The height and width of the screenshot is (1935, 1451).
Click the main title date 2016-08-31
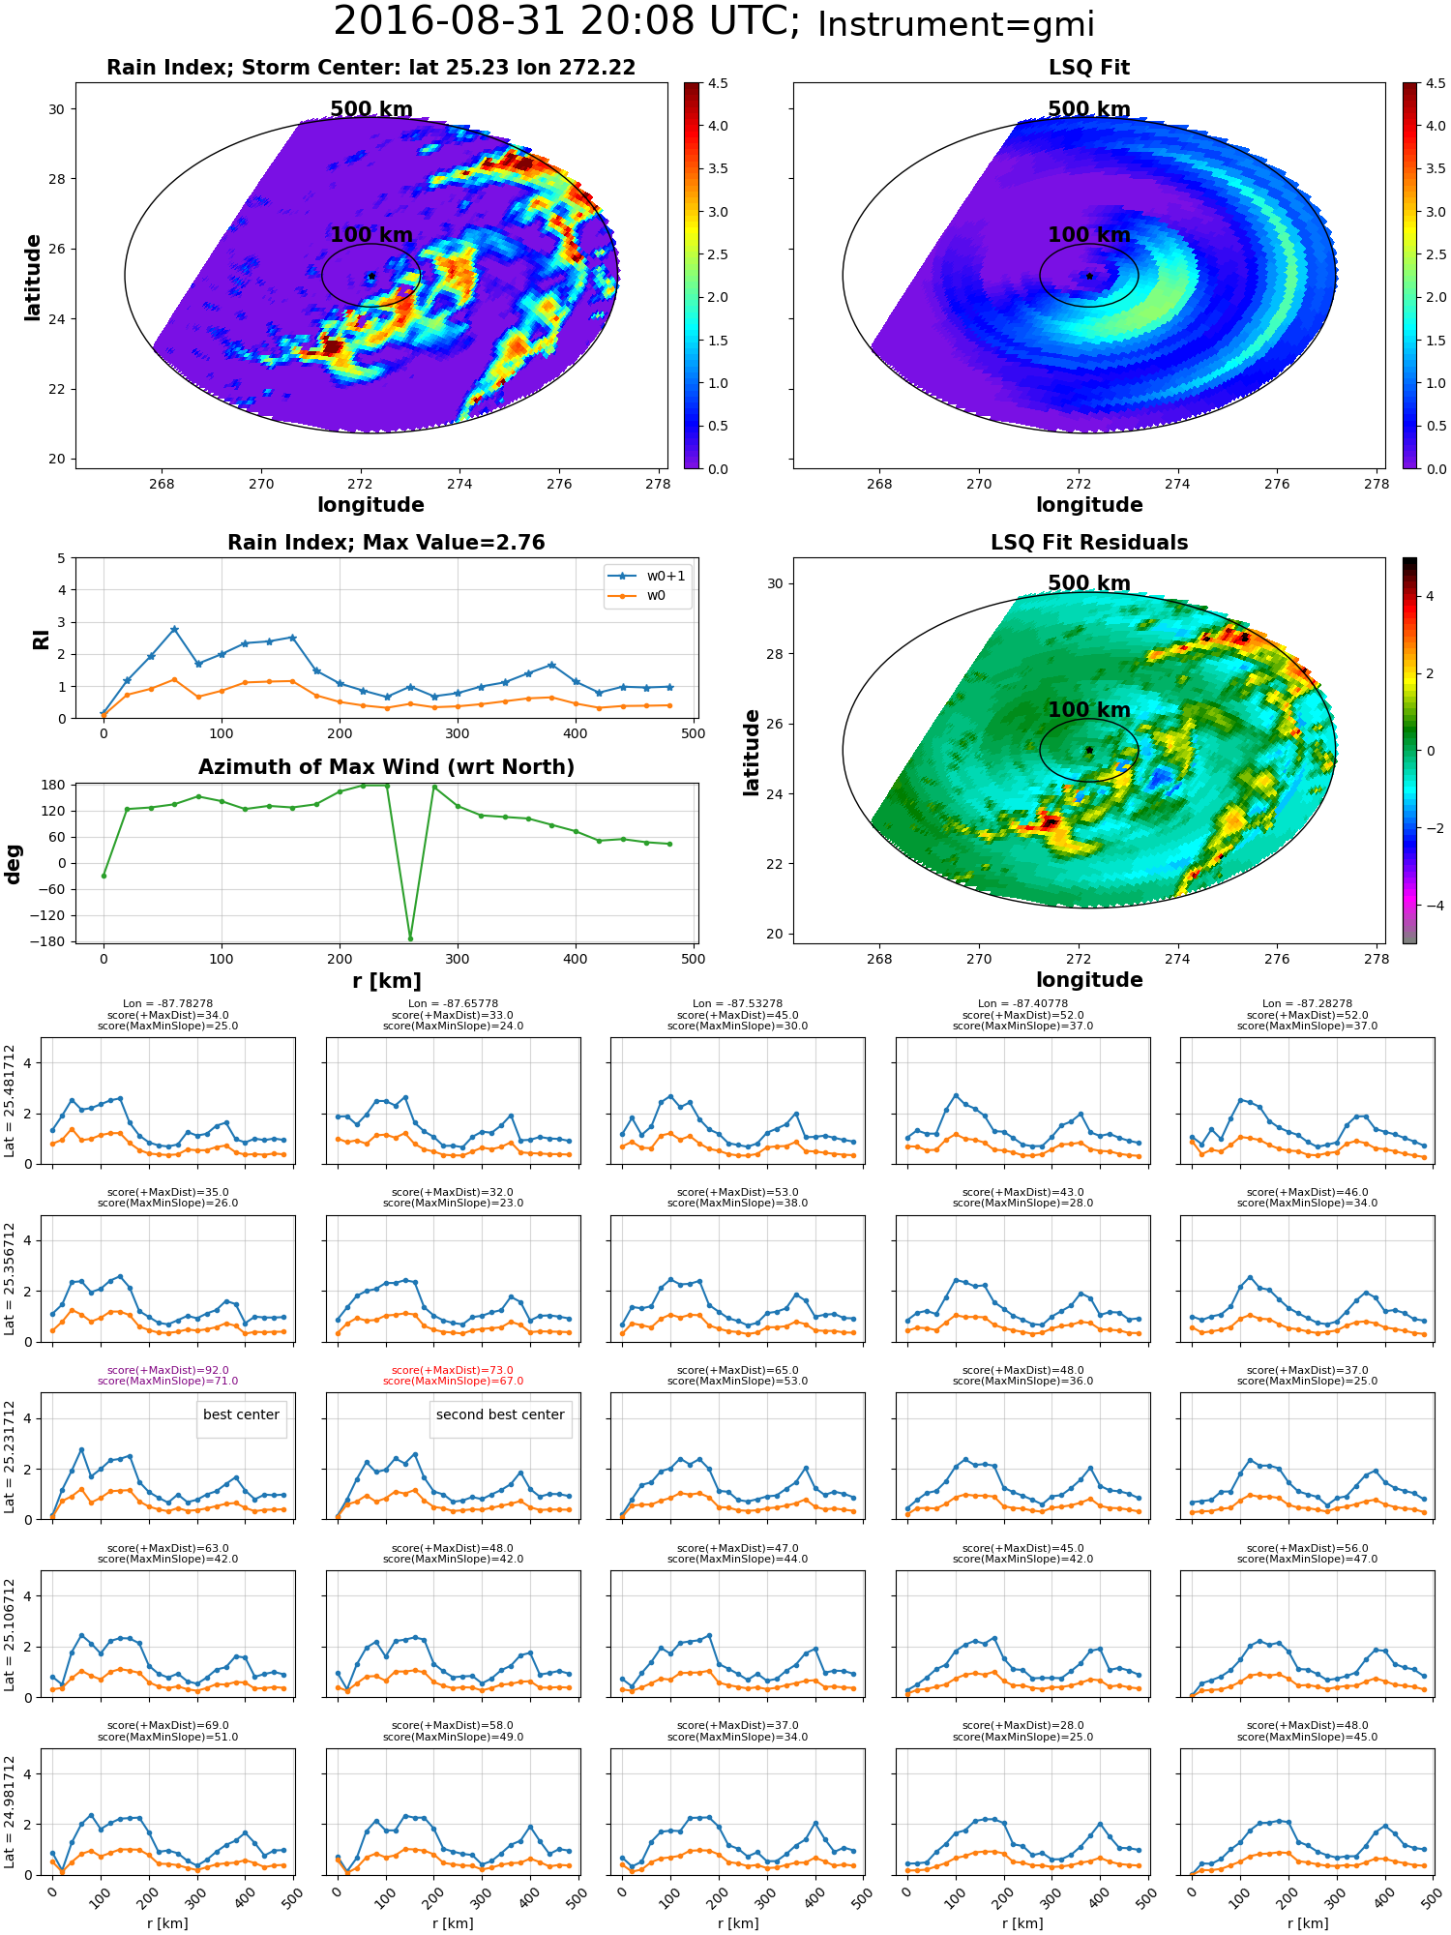click(466, 21)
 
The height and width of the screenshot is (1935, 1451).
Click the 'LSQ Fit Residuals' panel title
click(1089, 543)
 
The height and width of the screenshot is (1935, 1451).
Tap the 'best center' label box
click(241, 1414)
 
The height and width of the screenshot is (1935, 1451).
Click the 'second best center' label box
click(500, 1414)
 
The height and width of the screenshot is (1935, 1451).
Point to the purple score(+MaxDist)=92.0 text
click(168, 1370)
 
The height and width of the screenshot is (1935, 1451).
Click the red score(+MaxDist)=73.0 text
click(453, 1370)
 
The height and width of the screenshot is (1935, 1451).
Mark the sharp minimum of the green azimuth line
click(410, 938)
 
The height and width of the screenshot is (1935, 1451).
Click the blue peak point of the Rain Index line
click(174, 630)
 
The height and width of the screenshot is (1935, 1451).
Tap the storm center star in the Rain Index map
click(371, 276)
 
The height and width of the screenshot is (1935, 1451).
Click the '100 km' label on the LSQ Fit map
click(1089, 235)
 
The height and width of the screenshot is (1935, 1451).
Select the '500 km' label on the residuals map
click(1089, 583)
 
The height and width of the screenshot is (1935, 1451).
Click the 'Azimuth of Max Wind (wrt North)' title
click(386, 767)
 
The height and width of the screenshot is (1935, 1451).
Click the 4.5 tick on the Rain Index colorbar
click(718, 83)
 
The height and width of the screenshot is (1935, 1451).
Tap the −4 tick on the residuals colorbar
click(1430, 906)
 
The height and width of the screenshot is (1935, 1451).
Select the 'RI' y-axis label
click(41, 639)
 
